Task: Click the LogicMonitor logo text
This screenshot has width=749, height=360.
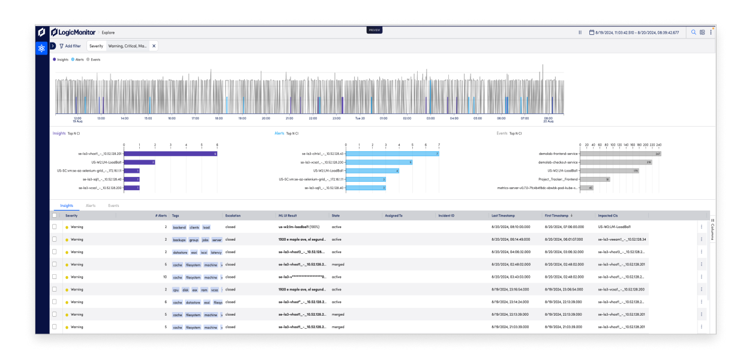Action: (77, 32)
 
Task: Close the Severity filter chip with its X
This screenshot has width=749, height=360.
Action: (154, 46)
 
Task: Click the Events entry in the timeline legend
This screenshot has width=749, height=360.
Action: (94, 59)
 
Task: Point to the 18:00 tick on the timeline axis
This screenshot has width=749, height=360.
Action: (218, 118)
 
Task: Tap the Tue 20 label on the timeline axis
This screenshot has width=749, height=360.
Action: (359, 118)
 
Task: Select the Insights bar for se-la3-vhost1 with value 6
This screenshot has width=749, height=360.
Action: (170, 154)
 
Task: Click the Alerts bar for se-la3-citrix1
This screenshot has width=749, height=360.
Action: (393, 154)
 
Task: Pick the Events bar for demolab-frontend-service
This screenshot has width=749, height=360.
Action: (621, 154)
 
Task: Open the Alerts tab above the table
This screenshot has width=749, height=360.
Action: (91, 205)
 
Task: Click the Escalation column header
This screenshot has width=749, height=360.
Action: (233, 215)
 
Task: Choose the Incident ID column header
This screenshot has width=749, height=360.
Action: (447, 215)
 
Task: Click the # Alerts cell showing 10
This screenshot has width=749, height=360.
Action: (164, 277)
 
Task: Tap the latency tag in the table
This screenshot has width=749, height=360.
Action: (216, 252)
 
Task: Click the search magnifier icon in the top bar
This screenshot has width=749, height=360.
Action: (694, 32)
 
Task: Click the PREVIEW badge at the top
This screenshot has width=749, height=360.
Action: (374, 30)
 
